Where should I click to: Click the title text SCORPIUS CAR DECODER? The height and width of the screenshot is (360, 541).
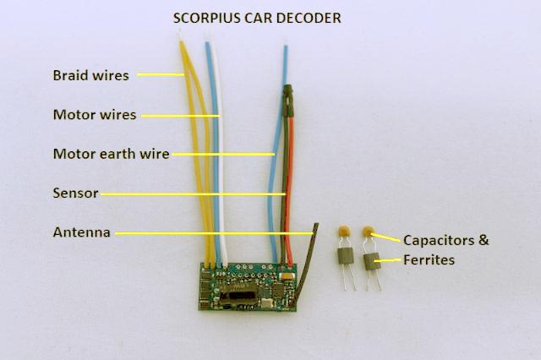click(257, 18)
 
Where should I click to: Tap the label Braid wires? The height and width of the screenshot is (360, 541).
click(90, 75)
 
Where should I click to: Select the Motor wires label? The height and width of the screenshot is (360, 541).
click(95, 114)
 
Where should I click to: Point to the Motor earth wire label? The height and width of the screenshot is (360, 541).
click(111, 154)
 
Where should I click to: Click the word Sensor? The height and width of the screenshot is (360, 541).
click(75, 194)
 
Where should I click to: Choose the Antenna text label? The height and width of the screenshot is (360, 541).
click(81, 232)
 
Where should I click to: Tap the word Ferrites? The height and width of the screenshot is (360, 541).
click(429, 259)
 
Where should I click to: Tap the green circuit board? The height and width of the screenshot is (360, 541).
click(247, 286)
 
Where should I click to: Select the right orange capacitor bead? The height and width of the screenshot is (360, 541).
click(369, 232)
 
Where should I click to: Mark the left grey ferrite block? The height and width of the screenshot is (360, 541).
click(346, 256)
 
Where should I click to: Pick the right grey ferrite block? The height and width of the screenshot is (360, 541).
click(372, 261)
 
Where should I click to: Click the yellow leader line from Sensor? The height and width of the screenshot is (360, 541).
click(194, 194)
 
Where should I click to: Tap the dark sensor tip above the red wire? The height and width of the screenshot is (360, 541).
click(288, 100)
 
